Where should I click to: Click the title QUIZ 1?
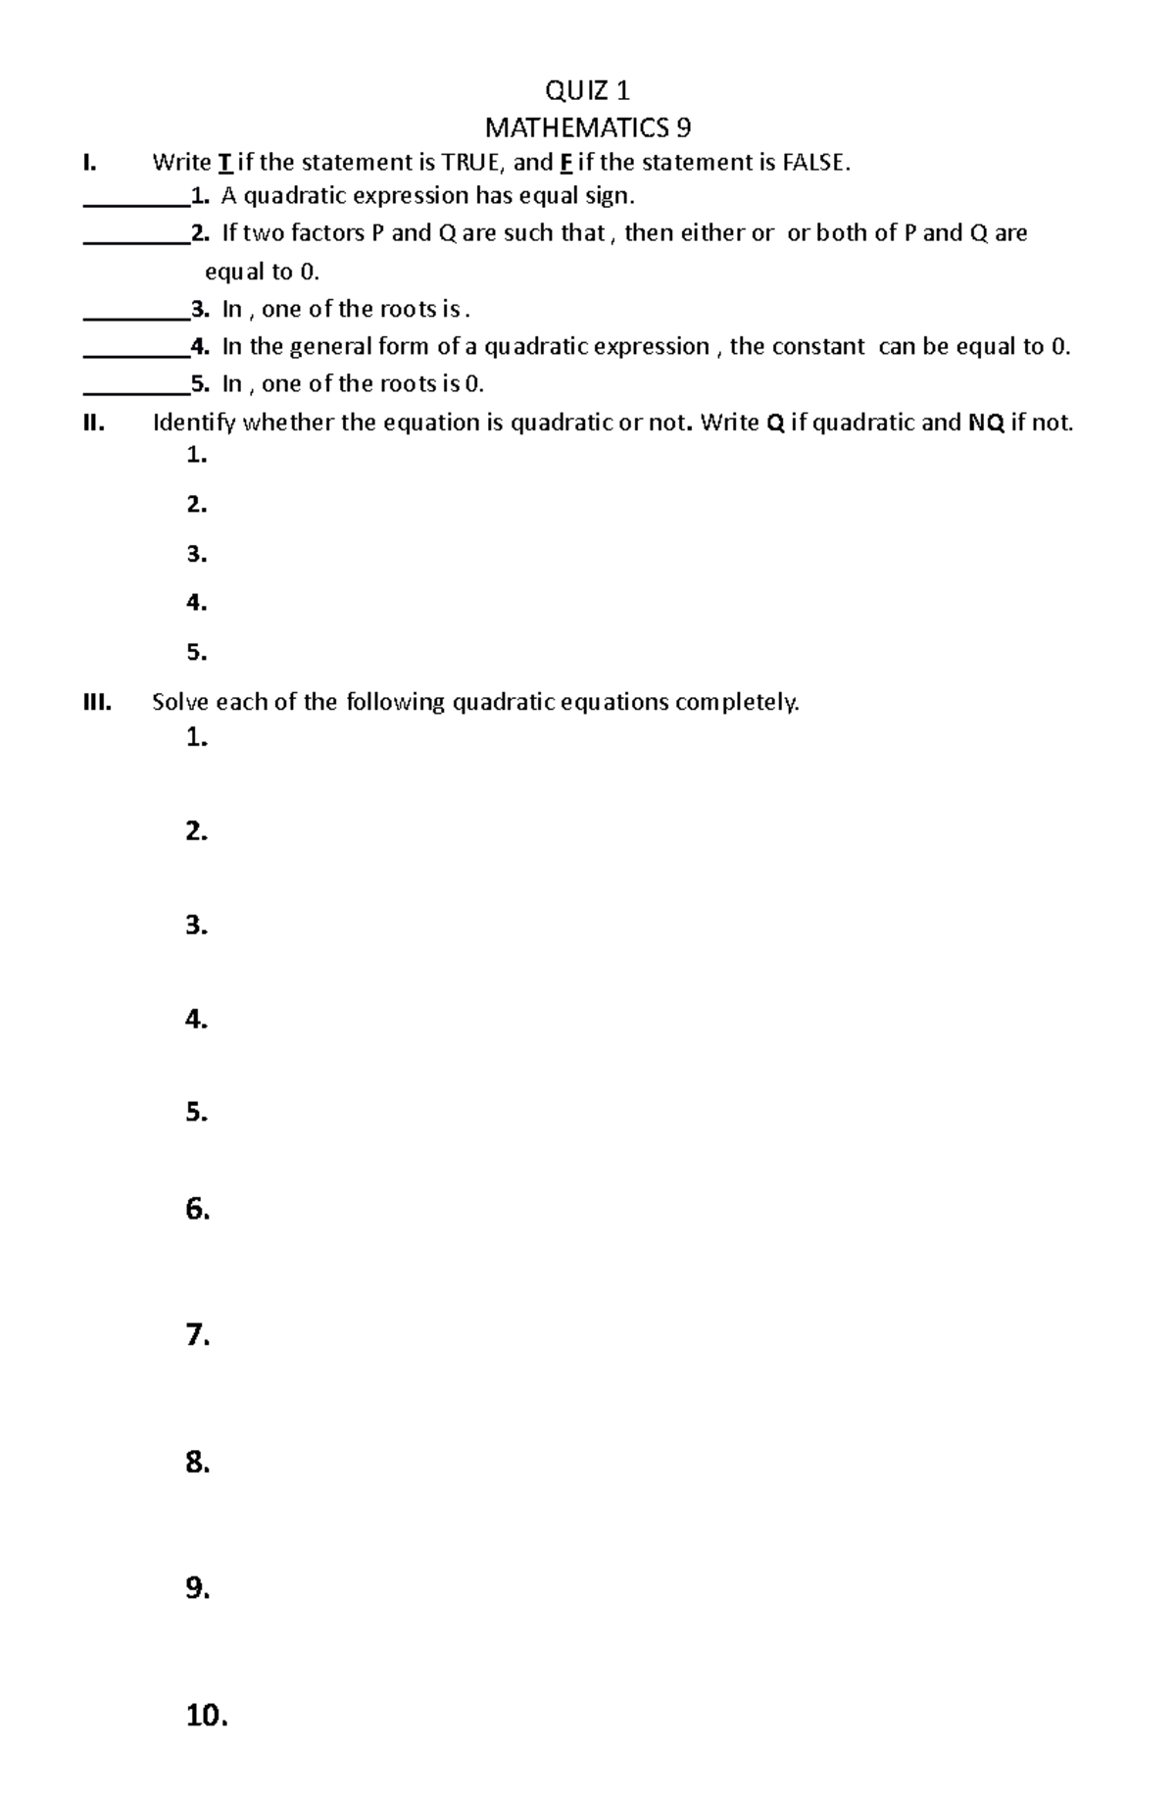coord(587,91)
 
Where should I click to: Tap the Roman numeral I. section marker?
coord(90,163)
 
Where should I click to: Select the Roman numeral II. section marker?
coord(93,424)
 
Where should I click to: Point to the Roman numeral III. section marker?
coord(97,702)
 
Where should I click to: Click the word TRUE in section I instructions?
coord(468,163)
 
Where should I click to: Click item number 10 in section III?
coord(206,1716)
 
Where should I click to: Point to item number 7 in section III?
coord(197,1335)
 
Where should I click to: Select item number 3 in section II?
coord(196,554)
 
